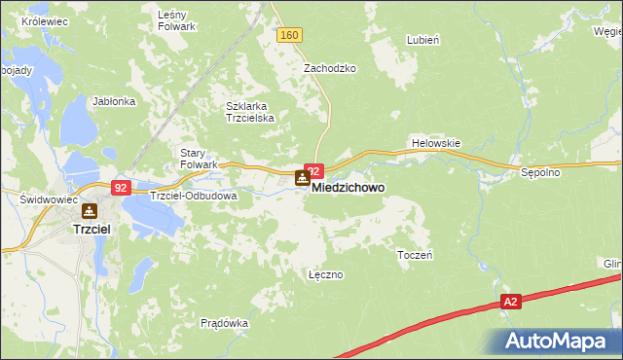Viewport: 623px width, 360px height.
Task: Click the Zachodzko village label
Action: (330, 69)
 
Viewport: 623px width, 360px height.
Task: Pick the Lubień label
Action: (424, 41)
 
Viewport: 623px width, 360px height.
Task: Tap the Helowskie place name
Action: (435, 142)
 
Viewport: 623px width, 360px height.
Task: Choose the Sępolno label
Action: (538, 172)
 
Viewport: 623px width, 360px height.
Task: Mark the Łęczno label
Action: (325, 274)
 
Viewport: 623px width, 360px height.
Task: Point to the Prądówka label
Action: (225, 323)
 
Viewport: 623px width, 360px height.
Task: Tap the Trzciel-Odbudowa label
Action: (194, 195)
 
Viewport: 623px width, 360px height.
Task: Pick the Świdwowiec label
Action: (42, 198)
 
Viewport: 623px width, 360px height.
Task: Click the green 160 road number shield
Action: (289, 35)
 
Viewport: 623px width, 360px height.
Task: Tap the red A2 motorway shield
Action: (511, 303)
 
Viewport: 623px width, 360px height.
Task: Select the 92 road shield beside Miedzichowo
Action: (313, 170)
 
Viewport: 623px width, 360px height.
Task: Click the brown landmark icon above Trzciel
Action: (90, 209)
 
